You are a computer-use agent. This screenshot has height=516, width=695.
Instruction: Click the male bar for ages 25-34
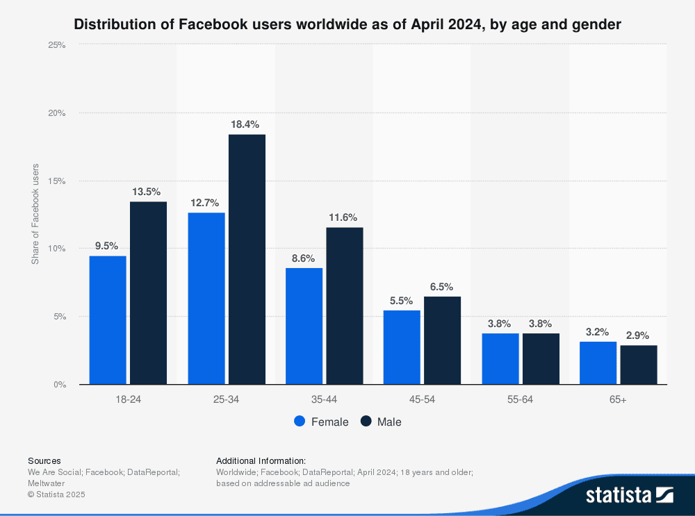pyautogui.click(x=247, y=259)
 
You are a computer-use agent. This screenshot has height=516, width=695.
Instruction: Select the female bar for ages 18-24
pyautogui.click(x=108, y=320)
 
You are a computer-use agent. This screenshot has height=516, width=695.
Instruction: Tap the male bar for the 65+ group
pyautogui.click(x=638, y=365)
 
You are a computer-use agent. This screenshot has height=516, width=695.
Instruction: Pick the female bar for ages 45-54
pyautogui.click(x=402, y=347)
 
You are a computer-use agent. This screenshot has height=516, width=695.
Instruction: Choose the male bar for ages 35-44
pyautogui.click(x=345, y=306)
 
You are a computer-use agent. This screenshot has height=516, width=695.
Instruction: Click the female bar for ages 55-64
pyautogui.click(x=500, y=358)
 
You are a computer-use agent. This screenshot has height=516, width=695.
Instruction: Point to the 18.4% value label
pyautogui.click(x=245, y=124)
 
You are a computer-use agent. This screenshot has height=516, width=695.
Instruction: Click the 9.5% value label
pyautogui.click(x=107, y=246)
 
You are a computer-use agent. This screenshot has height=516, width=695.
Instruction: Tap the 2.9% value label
pyautogui.click(x=639, y=335)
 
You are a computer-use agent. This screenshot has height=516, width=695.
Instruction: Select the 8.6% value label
pyautogui.click(x=304, y=258)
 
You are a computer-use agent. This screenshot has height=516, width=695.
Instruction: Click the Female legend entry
pyautogui.click(x=321, y=422)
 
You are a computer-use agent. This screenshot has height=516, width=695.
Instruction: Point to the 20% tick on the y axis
pyautogui.click(x=56, y=113)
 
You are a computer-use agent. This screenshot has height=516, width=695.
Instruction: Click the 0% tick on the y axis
pyautogui.click(x=59, y=385)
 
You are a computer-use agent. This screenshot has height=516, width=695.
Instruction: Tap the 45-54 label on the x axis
pyautogui.click(x=422, y=400)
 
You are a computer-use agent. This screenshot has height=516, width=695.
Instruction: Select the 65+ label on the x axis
pyautogui.click(x=618, y=400)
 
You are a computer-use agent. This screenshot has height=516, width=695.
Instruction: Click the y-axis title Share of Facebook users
pyautogui.click(x=35, y=214)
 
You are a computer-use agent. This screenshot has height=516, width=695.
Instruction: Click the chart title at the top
pyautogui.click(x=347, y=25)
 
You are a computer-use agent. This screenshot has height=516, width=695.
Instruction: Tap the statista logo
pyautogui.click(x=629, y=495)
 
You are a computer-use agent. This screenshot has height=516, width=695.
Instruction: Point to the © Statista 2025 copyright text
pyautogui.click(x=56, y=494)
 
